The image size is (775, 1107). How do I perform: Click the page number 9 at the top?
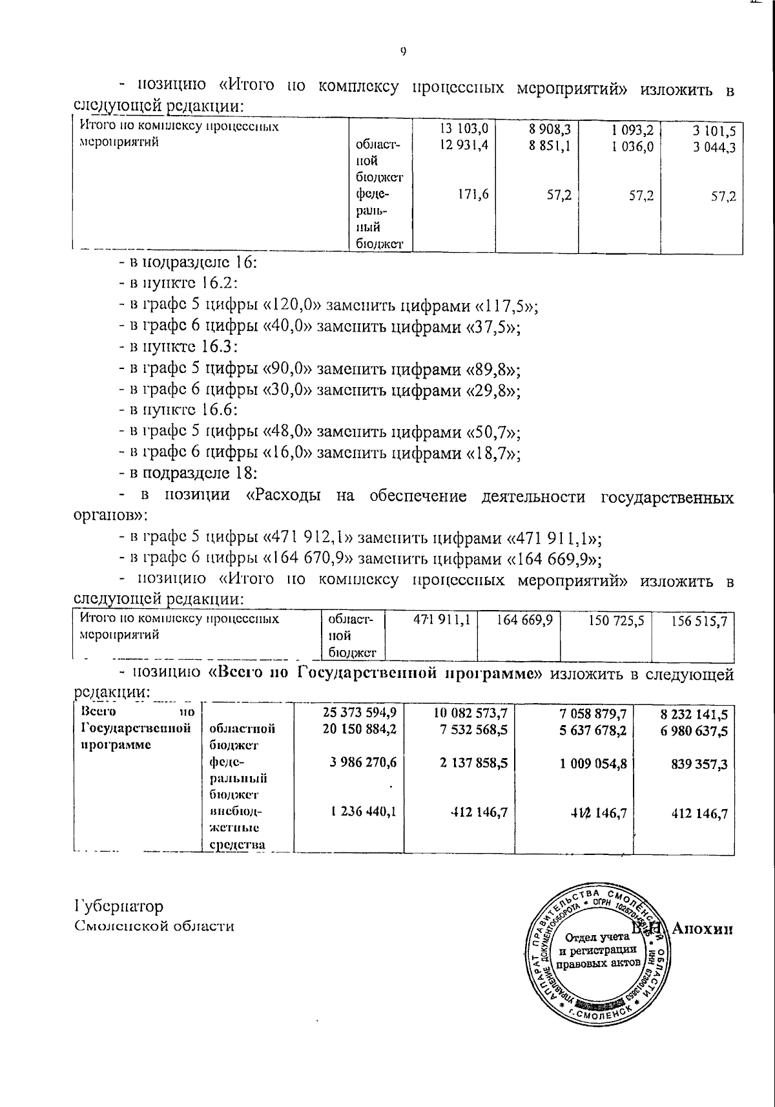point(403,53)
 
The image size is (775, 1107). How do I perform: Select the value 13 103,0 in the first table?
point(464,129)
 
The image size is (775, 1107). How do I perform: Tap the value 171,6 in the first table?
point(474,195)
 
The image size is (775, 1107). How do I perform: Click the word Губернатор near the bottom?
point(119,907)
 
